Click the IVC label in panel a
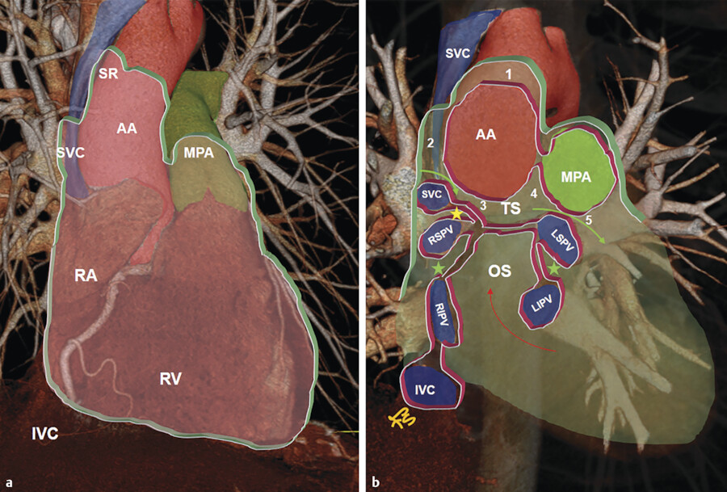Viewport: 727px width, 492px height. [44, 433]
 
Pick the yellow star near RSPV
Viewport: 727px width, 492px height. [457, 214]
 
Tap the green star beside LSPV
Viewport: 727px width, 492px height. [554, 266]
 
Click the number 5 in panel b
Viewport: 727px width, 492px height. [588, 219]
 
